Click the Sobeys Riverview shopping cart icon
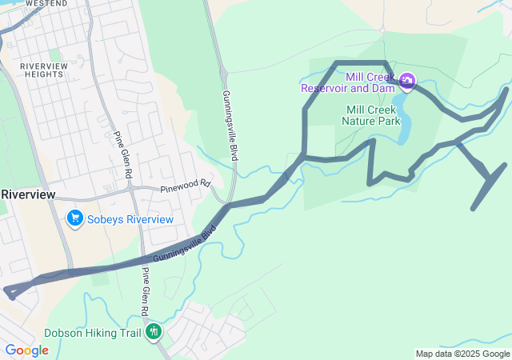pyautogui.click(x=75, y=218)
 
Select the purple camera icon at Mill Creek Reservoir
pyautogui.click(x=407, y=80)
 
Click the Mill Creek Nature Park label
pyautogui.click(x=370, y=116)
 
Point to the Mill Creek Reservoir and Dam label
pyautogui.click(x=349, y=82)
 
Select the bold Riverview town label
pyautogui.click(x=28, y=194)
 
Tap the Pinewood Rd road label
pyautogui.click(x=184, y=188)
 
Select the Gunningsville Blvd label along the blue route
pyautogui.click(x=184, y=245)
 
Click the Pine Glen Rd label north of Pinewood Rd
pyautogui.click(x=122, y=154)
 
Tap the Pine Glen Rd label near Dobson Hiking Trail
pyautogui.click(x=146, y=291)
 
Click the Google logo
pyautogui.click(x=26, y=350)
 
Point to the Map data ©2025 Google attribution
pyautogui.click(x=462, y=354)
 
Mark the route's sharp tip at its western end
pyautogui.click(x=6, y=291)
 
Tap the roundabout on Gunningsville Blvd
pyautogui.click(x=224, y=74)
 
